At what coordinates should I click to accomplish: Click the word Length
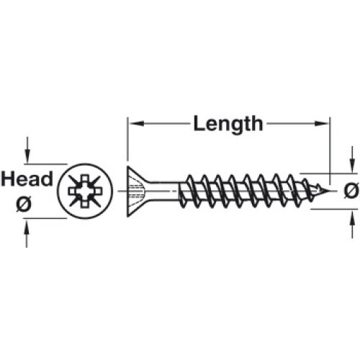pos(228,125)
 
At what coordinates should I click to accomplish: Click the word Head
pos(27,179)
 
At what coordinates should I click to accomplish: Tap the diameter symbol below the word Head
pos(24,204)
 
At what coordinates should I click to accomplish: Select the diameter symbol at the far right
pos(351,191)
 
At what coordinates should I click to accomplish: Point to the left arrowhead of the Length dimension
pos(136,124)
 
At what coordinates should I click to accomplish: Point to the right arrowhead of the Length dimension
pos(321,124)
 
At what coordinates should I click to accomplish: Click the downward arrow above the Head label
pos(27,150)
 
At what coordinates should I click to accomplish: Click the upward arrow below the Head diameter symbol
pos(27,233)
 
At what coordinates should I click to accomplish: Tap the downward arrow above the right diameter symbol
pos(352,159)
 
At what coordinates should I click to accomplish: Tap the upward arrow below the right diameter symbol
pos(352,224)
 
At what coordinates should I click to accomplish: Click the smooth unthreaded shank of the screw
pos(163,191)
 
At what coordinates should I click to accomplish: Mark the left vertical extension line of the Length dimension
pos(127,139)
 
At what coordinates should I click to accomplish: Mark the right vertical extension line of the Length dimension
pos(330,150)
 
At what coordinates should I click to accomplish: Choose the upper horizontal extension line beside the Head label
pos(45,164)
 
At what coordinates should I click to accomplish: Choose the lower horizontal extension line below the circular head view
pos(45,218)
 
